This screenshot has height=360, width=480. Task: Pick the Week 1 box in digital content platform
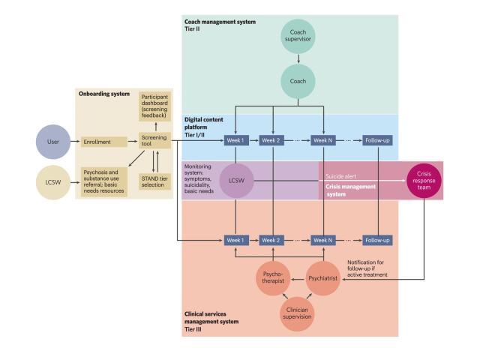236,140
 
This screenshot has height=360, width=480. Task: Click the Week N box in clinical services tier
323,240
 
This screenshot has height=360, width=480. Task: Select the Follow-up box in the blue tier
378,140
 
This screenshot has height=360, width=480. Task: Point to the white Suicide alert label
343,177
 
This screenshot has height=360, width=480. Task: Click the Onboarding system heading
103,94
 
